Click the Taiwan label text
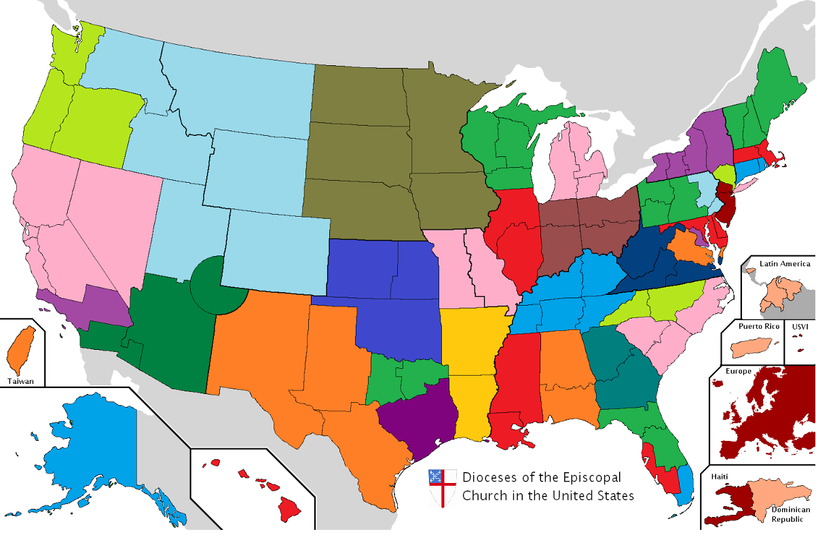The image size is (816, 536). pyautogui.click(x=21, y=381)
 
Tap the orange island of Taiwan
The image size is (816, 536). pyautogui.click(x=21, y=350)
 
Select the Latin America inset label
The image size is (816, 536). pyautogui.click(x=785, y=264)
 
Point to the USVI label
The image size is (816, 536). pyautogui.click(x=800, y=326)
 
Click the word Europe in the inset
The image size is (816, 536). pyautogui.click(x=738, y=372)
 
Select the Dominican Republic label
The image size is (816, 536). pyautogui.click(x=790, y=514)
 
